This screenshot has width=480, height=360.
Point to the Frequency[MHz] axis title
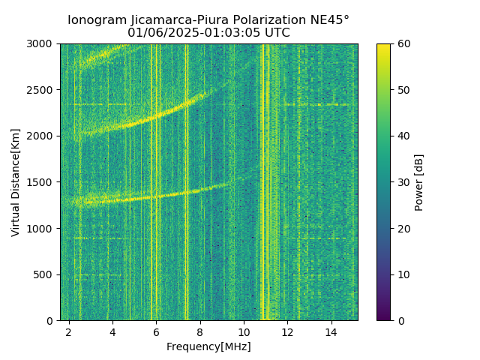pyautogui.click(x=208, y=346)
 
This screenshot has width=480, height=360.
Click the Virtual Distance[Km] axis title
pyautogui.click(x=16, y=182)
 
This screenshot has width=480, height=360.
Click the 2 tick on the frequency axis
pyautogui.click(x=69, y=331)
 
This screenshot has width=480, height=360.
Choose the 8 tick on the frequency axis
pyautogui.click(x=200, y=331)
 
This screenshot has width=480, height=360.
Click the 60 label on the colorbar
pyautogui.click(x=403, y=43)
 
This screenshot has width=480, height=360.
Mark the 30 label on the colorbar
pyautogui.click(x=403, y=182)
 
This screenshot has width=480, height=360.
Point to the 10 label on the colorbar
pyautogui.click(x=403, y=274)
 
